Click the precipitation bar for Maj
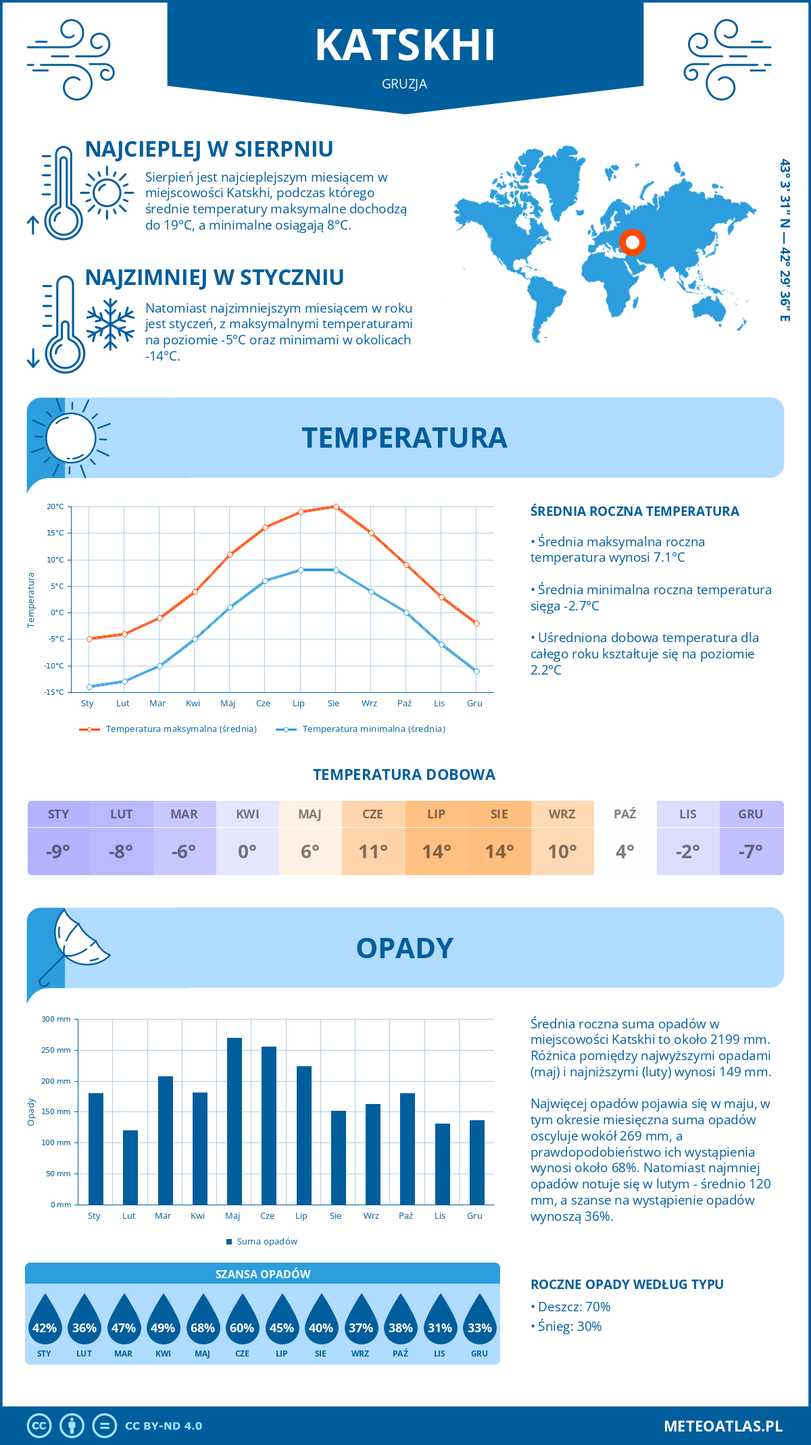tap(234, 1121)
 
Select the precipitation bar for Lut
tap(130, 1167)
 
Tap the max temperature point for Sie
tap(336, 506)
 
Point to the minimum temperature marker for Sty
tap(89, 687)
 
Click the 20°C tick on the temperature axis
tap(55, 506)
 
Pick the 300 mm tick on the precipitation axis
tap(57, 1019)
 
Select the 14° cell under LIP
tap(437, 851)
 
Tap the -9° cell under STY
tap(59, 851)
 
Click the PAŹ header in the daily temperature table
tap(624, 814)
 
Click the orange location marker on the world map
tap(633, 242)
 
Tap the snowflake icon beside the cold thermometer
tap(110, 325)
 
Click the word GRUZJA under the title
tap(404, 84)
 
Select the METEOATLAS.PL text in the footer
tap(722, 1425)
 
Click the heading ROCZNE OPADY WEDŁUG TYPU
tap(626, 1284)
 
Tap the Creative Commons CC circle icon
tap(39, 1425)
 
